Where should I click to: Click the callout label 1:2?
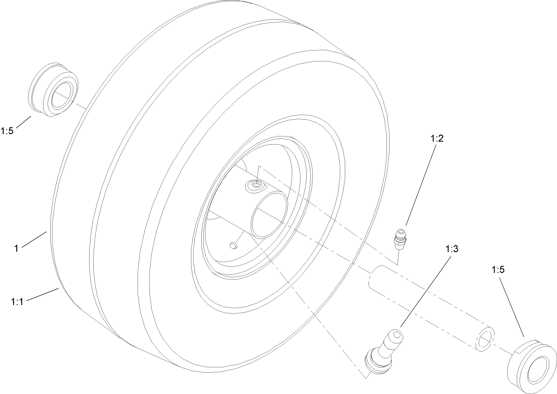point(437,138)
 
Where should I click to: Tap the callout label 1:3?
point(452,249)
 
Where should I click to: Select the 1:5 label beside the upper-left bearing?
point(8,131)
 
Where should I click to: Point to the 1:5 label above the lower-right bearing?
point(498,270)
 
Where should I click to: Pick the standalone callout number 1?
point(16,248)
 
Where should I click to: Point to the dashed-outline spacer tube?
point(430,307)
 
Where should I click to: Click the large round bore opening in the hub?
point(270,213)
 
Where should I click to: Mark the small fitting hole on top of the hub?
point(257,184)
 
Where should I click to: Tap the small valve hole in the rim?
point(233,245)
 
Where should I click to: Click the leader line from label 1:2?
point(421,185)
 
